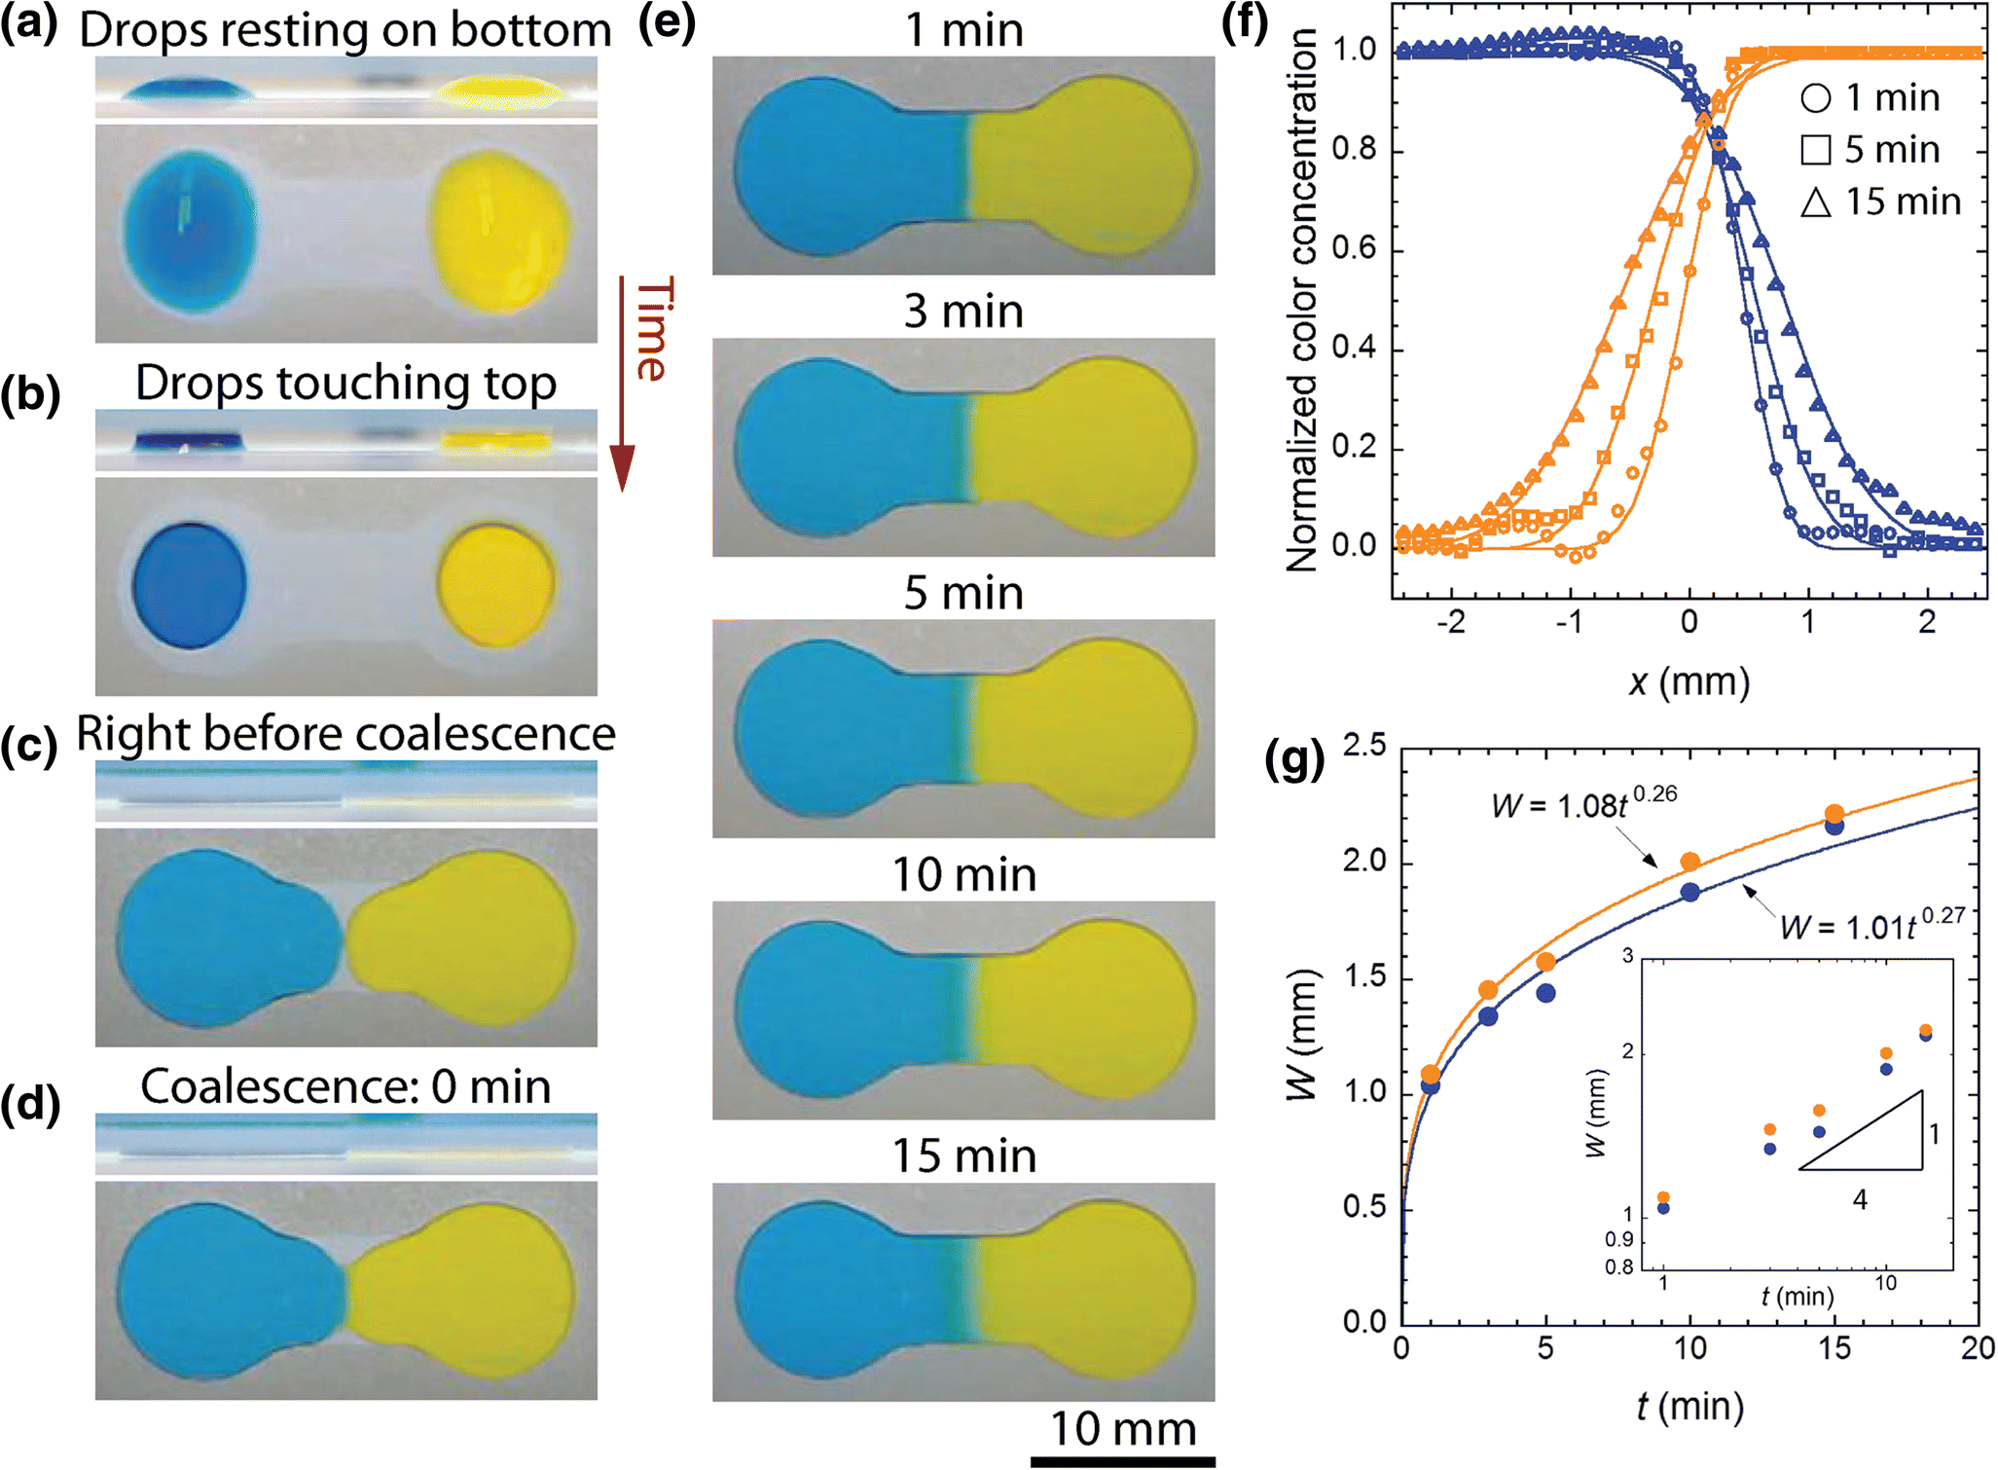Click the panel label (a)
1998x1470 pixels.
click(x=29, y=26)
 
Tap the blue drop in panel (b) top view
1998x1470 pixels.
click(x=189, y=584)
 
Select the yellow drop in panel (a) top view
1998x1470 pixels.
click(x=499, y=230)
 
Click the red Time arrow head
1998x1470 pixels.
click(x=622, y=467)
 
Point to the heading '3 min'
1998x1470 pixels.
click(x=963, y=312)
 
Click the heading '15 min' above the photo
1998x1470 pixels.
click(x=963, y=1157)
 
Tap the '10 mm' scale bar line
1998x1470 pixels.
click(x=1122, y=1460)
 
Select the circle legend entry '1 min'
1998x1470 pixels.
click(x=1871, y=97)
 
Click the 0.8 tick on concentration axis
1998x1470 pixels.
click(x=1353, y=150)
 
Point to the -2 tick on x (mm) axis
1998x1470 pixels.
click(x=1451, y=622)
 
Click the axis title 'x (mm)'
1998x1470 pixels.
click(x=1689, y=681)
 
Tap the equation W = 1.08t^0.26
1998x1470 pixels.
click(x=1583, y=803)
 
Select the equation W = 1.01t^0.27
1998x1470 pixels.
click(x=1871, y=924)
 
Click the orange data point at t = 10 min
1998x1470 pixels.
click(x=1690, y=862)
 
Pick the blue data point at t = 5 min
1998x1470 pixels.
click(x=1545, y=993)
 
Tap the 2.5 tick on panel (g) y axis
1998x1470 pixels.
click(x=1364, y=748)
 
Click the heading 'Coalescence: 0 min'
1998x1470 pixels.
click(x=345, y=1087)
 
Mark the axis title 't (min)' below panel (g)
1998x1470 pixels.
click(x=1689, y=1406)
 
